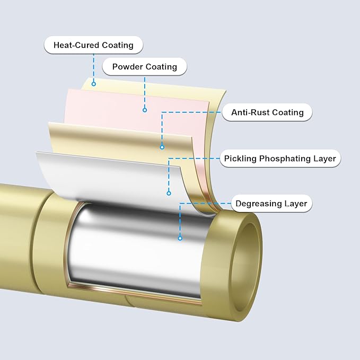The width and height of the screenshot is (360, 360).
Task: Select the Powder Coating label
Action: pyautogui.click(x=144, y=67)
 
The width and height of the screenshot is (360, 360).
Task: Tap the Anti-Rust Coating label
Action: pyautogui.click(x=267, y=112)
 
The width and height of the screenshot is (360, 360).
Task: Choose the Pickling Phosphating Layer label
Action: pyautogui.click(x=280, y=159)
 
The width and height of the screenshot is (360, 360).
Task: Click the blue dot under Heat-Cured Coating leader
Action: pyautogui.click(x=94, y=83)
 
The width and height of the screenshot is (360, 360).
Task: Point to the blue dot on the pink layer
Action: pyautogui.click(x=144, y=110)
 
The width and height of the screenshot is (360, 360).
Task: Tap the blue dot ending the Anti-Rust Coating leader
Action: pyautogui.click(x=162, y=147)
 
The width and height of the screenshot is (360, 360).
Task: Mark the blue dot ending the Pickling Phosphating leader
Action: pyautogui.click(x=169, y=192)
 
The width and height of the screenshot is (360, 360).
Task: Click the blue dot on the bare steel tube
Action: pyautogui.click(x=180, y=238)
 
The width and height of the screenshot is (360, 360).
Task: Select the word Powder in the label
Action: pyautogui.click(x=127, y=67)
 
